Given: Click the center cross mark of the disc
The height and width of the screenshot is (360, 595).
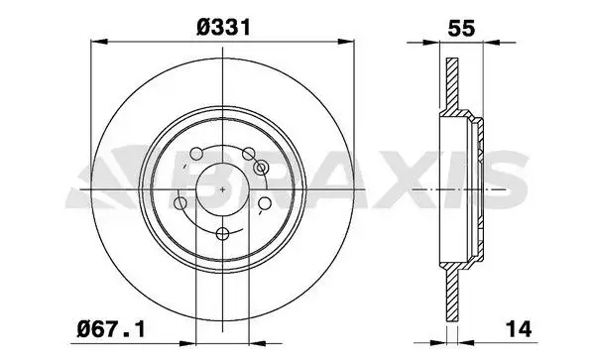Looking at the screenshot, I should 222,189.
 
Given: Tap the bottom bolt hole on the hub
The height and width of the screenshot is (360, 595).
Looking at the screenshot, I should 222,235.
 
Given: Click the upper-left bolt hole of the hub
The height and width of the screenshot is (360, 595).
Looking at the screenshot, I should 196,153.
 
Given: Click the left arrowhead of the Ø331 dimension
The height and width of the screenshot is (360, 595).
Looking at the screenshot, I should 96,42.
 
